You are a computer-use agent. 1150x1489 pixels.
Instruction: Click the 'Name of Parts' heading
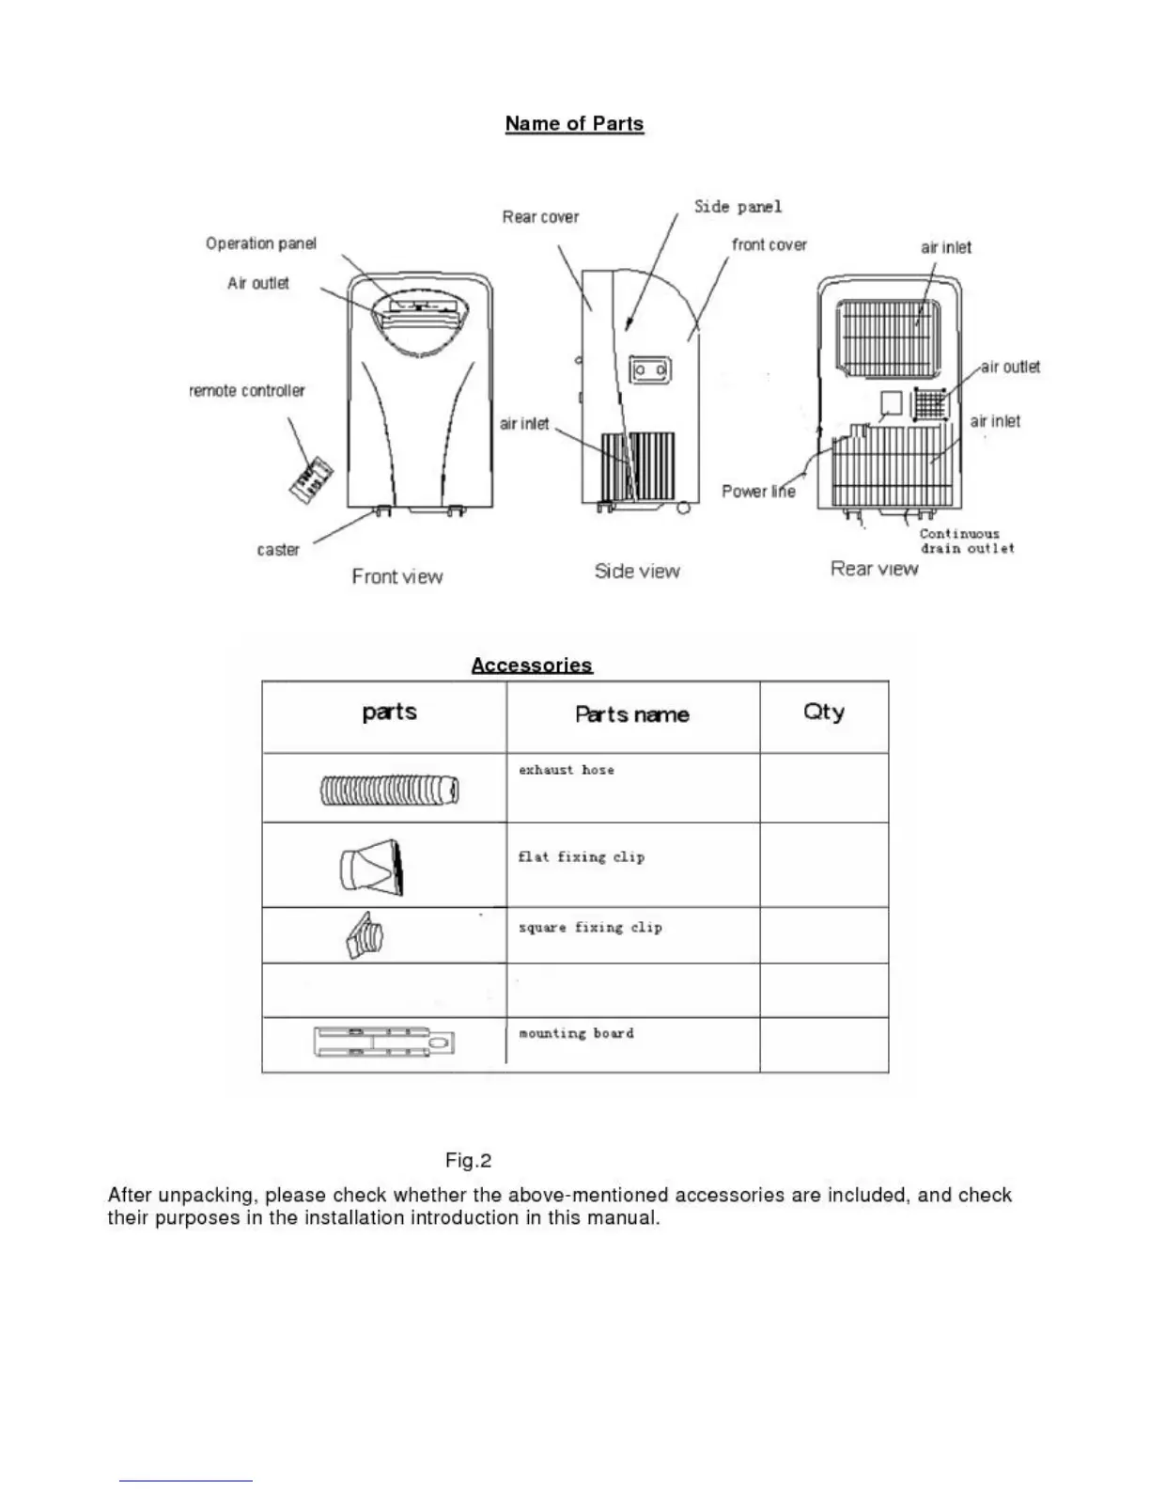coord(574,124)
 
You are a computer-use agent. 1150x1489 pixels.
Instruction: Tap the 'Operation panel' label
coord(261,243)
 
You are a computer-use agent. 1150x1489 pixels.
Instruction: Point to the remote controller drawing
coord(310,478)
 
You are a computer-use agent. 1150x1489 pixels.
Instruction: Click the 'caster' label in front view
coord(278,550)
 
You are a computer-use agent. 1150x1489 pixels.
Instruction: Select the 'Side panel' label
coord(738,207)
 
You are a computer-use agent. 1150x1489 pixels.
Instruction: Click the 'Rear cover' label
coord(540,217)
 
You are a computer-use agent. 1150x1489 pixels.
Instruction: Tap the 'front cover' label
coord(769,244)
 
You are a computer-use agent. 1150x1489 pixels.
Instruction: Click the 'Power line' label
coord(758,491)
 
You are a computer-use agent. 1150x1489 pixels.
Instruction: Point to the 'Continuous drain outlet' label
coord(967,541)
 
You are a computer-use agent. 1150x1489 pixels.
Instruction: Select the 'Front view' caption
coord(396,576)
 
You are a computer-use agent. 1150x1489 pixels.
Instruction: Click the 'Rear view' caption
coord(874,569)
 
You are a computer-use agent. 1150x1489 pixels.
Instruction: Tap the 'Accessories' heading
coord(532,666)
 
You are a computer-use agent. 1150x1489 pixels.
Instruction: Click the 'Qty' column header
coord(823,713)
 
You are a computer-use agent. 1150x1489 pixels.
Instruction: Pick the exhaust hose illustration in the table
coord(390,791)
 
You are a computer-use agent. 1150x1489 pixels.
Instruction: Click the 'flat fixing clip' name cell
coord(582,857)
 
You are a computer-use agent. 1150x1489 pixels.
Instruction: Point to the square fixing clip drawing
coord(365,936)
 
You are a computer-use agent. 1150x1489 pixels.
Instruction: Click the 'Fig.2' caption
coord(468,1161)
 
